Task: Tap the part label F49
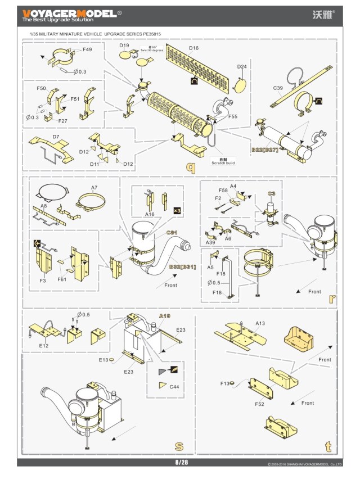87,50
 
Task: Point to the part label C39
278,88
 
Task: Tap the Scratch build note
223,161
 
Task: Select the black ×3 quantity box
177,210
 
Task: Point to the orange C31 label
172,233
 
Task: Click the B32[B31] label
182,266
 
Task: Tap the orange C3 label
272,193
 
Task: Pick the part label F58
223,191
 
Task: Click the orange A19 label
164,316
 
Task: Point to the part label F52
259,404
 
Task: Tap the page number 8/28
181,462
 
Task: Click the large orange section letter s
179,446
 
